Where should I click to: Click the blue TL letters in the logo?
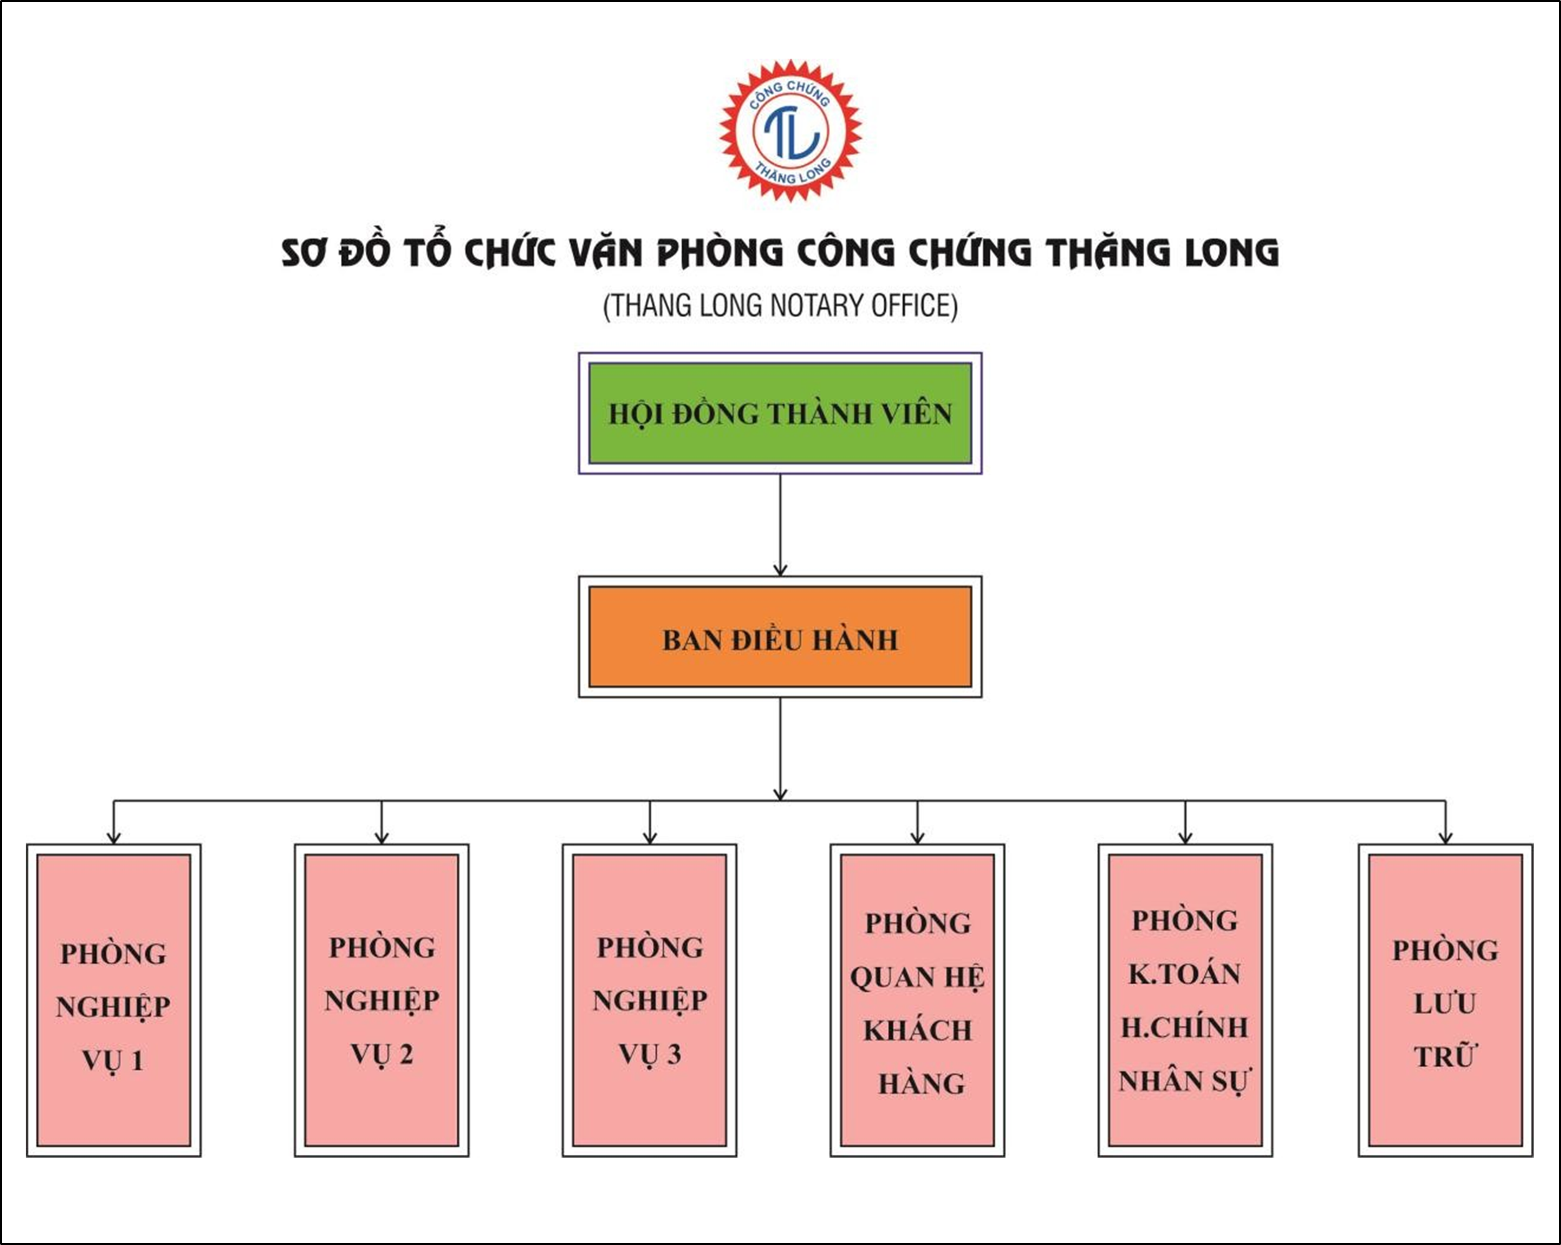coord(791,131)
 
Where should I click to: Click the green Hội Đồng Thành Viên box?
coord(780,413)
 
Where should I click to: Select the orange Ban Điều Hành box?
coord(780,637)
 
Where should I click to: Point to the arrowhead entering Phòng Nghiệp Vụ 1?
coord(114,837)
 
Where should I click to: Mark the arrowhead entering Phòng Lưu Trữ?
coord(1445,837)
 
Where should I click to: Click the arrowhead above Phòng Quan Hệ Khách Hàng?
coord(917,837)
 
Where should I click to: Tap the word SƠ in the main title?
coord(303,253)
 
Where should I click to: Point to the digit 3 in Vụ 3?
coord(674,1054)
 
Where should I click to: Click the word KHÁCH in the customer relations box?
coord(917,1030)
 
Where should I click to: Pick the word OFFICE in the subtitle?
coord(914,306)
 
